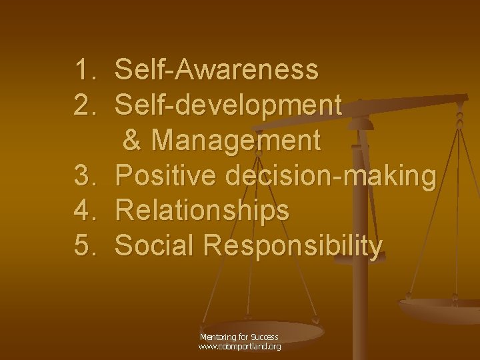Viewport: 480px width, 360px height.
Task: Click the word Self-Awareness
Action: pyautogui.click(x=217, y=69)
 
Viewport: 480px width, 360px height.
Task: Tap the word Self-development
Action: pyautogui.click(x=229, y=105)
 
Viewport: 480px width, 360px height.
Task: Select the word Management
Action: pyautogui.click(x=236, y=141)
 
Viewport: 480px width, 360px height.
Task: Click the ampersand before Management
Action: pyautogui.click(x=133, y=141)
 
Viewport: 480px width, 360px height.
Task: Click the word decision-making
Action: pyautogui.click(x=331, y=177)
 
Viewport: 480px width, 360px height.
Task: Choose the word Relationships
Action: pyautogui.click(x=202, y=211)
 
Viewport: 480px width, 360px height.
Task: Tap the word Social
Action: pyautogui.click(x=155, y=246)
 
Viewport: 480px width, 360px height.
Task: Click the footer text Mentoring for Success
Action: pyautogui.click(x=239, y=337)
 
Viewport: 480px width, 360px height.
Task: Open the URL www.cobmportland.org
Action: pyautogui.click(x=239, y=347)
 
